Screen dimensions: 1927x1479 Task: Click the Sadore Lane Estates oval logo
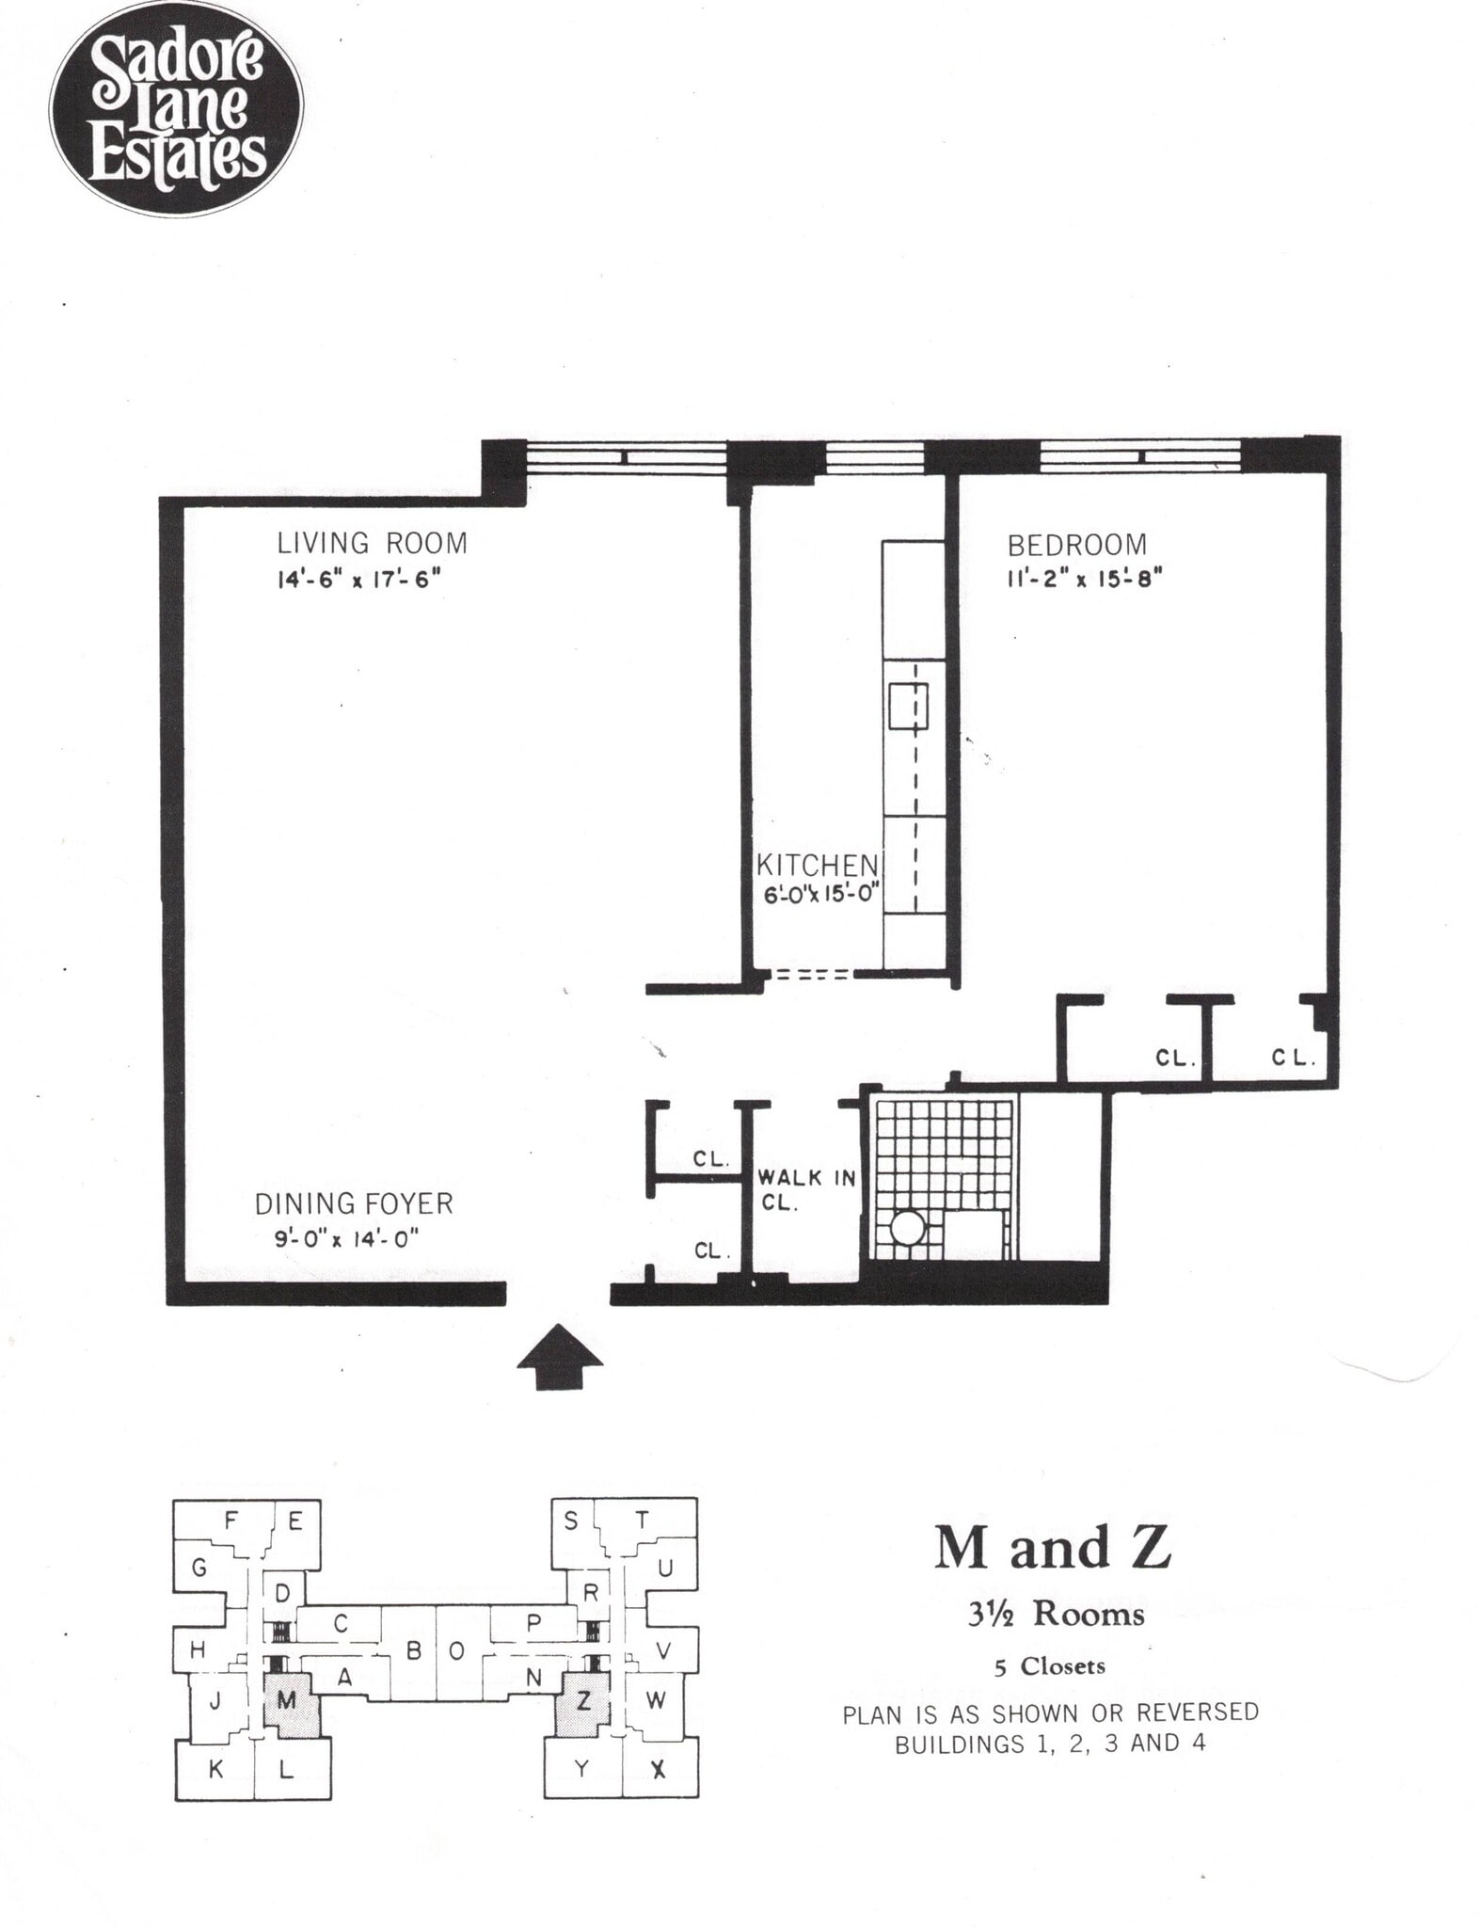(x=175, y=108)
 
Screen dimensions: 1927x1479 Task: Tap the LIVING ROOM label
(x=372, y=544)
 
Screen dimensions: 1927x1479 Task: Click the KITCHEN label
(x=818, y=865)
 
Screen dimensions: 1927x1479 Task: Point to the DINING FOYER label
(x=354, y=1203)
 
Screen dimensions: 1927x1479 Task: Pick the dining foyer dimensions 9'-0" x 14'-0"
(x=345, y=1238)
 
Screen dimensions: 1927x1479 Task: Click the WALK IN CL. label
(x=806, y=1189)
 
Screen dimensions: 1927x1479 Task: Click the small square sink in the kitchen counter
(x=908, y=707)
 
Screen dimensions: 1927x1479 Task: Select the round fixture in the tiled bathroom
(x=908, y=1229)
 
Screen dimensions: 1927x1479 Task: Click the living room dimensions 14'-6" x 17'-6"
(x=358, y=579)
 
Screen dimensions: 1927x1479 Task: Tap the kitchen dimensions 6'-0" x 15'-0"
(x=820, y=895)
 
